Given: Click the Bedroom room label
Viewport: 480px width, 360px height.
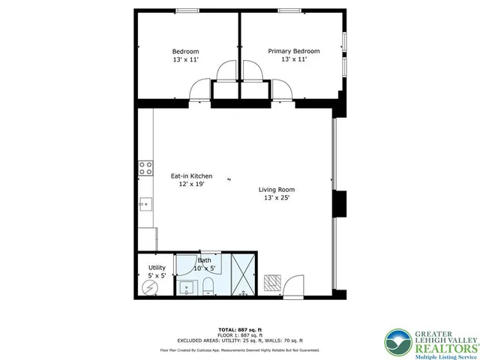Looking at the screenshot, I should [186, 51].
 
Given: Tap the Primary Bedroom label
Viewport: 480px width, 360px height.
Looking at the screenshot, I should [294, 51].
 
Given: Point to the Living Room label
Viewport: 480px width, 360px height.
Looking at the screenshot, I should [277, 190].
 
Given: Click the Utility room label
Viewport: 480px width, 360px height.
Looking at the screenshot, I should [157, 268].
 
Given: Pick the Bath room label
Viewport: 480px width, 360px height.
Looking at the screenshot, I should [205, 260].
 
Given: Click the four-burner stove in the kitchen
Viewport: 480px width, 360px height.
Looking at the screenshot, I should [146, 168].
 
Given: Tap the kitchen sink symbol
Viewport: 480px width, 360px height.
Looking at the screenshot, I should [145, 202].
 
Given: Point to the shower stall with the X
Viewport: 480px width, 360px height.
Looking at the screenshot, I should [243, 275].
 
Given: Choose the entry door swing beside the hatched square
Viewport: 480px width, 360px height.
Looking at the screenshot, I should [294, 281].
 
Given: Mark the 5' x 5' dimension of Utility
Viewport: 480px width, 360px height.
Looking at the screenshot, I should [157, 276].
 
